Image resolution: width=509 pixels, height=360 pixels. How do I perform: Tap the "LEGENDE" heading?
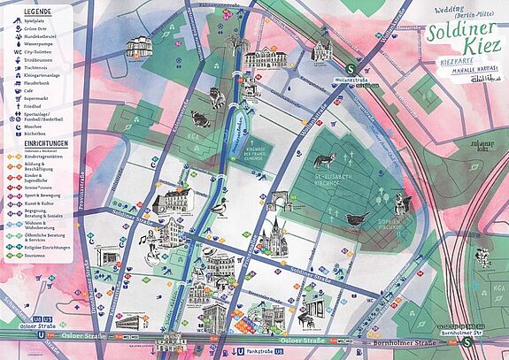[33, 8]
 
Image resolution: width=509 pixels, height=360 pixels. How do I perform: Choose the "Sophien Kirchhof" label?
[389, 226]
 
